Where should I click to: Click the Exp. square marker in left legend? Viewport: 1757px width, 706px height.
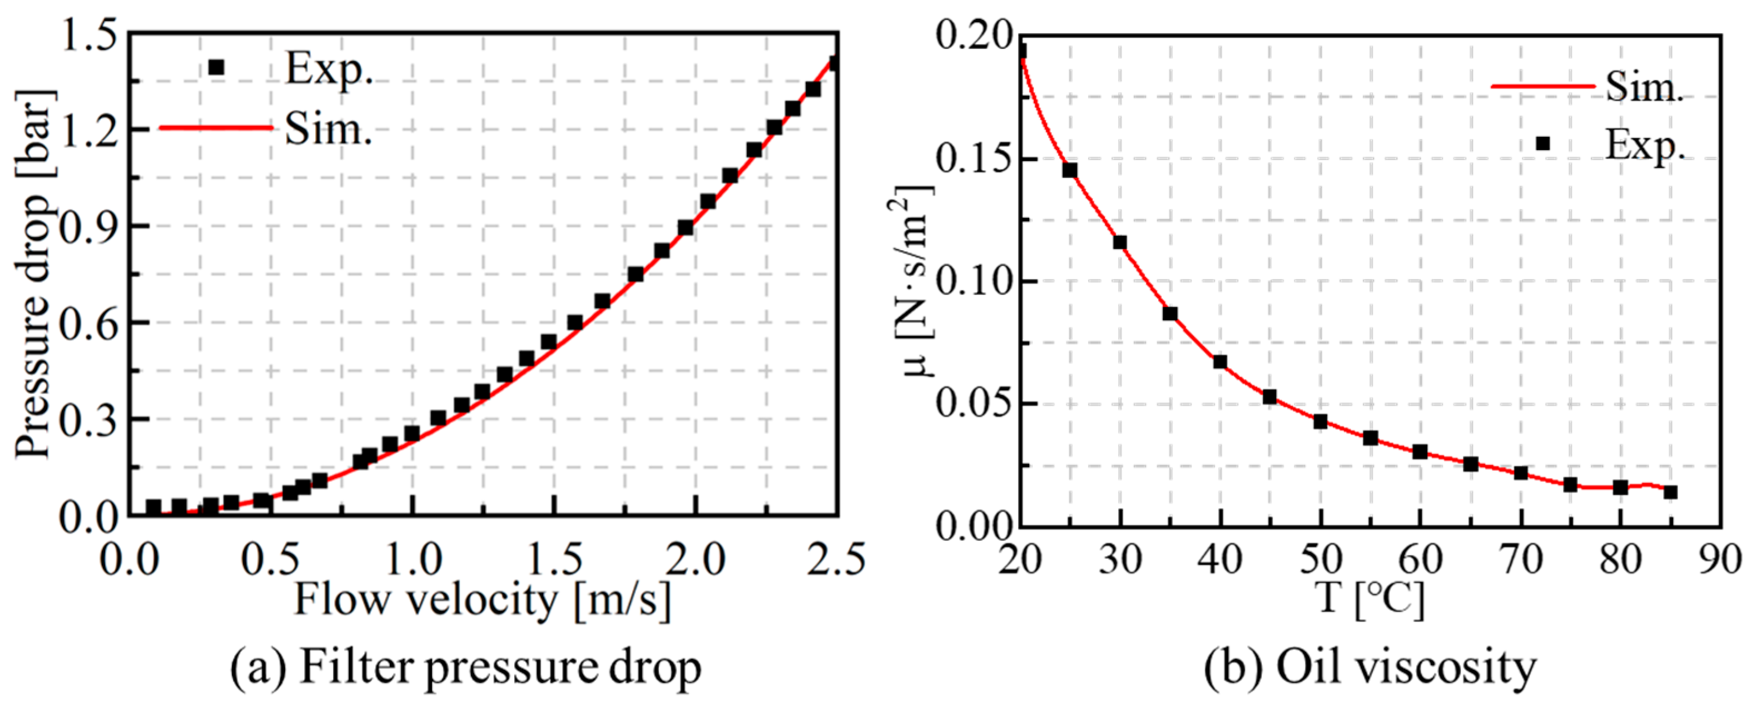coord(216,67)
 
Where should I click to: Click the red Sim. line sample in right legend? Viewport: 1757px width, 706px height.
coord(1543,87)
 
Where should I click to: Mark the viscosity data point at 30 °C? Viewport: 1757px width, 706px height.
coord(1120,242)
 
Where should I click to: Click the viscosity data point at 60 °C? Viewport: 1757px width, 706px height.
coord(1420,451)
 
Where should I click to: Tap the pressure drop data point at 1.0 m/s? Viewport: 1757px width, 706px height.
coord(411,434)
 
